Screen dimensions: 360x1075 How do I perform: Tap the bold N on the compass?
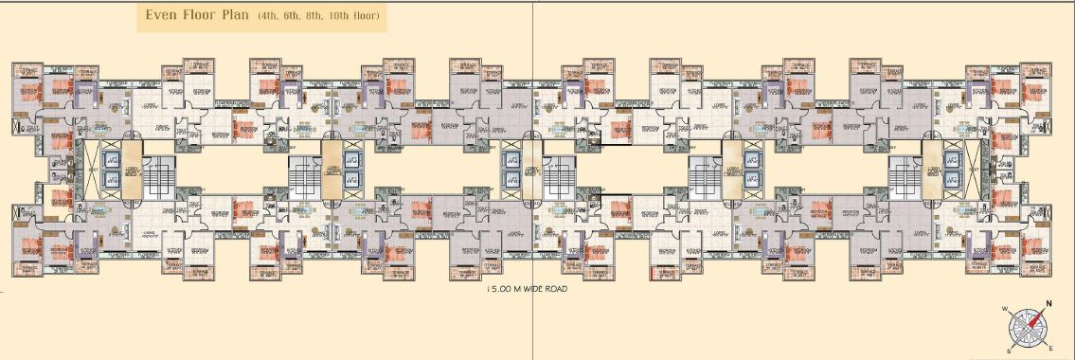(1048, 304)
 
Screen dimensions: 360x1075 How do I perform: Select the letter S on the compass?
(1009, 349)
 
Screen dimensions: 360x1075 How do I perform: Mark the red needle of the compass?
(1039, 315)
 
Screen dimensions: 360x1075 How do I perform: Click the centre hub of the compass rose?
(1029, 328)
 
